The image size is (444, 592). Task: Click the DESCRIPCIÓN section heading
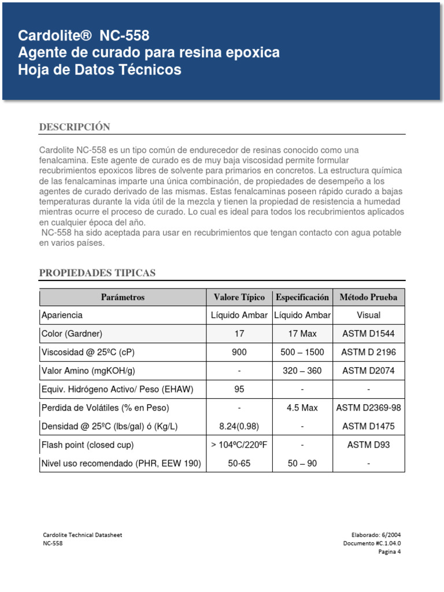(74, 127)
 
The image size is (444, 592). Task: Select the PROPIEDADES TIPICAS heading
(97, 273)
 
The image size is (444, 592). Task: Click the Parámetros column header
(123, 297)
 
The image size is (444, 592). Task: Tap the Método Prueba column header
(368, 297)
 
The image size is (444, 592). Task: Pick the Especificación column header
(302, 297)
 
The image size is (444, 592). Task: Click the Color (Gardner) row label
(72, 334)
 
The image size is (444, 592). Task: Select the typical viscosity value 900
(239, 352)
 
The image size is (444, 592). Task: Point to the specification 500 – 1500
(302, 352)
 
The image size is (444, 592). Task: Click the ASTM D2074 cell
(368, 371)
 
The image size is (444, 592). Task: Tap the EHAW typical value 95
(239, 389)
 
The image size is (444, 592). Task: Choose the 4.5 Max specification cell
(302, 408)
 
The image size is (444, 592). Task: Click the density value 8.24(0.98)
(239, 427)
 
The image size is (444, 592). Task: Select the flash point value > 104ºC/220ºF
(239, 445)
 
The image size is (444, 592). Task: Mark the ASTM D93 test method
(368, 445)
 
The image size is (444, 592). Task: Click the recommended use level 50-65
(239, 464)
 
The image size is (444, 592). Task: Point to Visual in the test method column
(368, 315)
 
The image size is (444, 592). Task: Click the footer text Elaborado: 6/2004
(376, 535)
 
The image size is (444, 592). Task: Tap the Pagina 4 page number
(389, 551)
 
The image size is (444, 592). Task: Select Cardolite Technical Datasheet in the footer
(83, 535)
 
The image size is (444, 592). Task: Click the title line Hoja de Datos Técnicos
(99, 70)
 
